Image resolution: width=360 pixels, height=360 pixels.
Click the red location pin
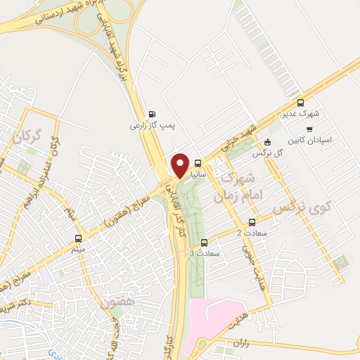pyautogui.click(x=180, y=163)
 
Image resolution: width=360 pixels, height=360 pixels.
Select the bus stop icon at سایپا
pyautogui.click(x=198, y=160)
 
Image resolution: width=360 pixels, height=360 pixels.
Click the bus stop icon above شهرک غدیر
pyautogui.click(x=300, y=102)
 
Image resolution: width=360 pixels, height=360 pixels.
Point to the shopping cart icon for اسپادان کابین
pyautogui.click(x=310, y=129)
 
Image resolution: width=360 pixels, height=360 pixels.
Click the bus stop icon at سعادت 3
pyautogui.click(x=204, y=243)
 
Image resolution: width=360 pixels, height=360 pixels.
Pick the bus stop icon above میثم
pyautogui.click(x=78, y=238)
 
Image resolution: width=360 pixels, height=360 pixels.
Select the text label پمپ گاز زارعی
pyautogui.click(x=147, y=127)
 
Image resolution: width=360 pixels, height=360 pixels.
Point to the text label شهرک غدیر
pyautogui.click(x=303, y=113)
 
